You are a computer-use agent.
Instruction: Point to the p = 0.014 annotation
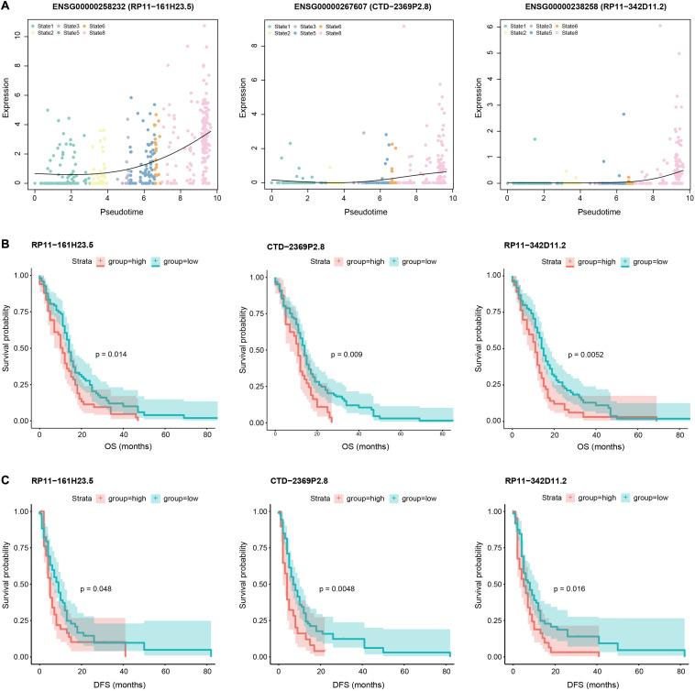(113, 352)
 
